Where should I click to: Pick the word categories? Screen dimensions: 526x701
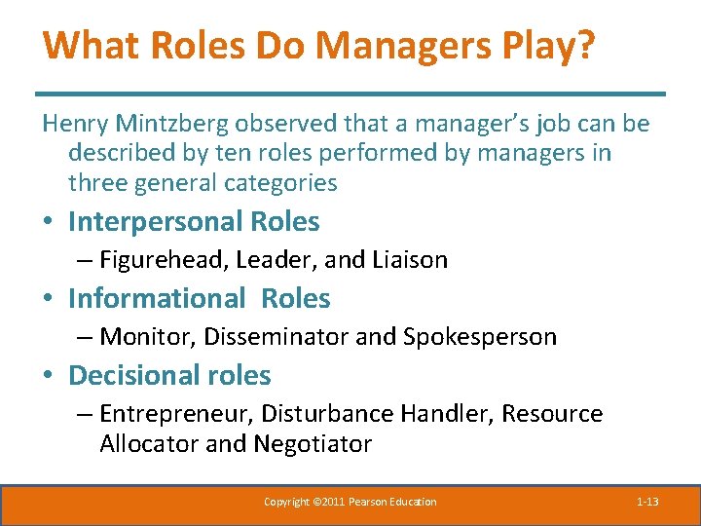click(279, 182)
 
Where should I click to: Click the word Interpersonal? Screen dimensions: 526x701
click(155, 222)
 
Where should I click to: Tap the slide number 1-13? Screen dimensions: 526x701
click(647, 502)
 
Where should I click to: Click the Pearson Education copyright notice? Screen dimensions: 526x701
click(350, 502)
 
